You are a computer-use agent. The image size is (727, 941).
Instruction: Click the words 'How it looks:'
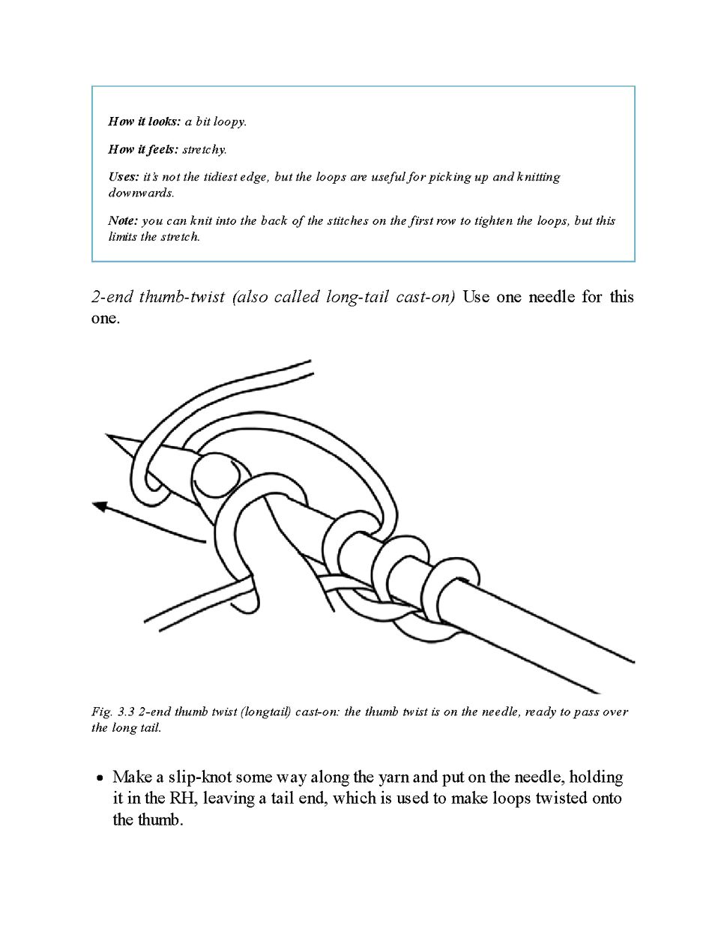[x=145, y=121]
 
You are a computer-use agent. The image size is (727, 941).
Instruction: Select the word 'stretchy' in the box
[x=204, y=149]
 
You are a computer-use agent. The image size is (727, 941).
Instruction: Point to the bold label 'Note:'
[x=123, y=220]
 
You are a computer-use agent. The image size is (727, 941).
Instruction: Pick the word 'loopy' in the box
[x=229, y=121]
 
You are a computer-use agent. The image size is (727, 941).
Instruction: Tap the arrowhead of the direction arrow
[x=100, y=507]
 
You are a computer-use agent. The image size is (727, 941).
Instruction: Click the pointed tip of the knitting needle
[x=109, y=436]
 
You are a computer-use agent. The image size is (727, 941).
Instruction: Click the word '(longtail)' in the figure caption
[x=264, y=712]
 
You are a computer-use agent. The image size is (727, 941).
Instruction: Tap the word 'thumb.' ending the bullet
[x=160, y=820]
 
